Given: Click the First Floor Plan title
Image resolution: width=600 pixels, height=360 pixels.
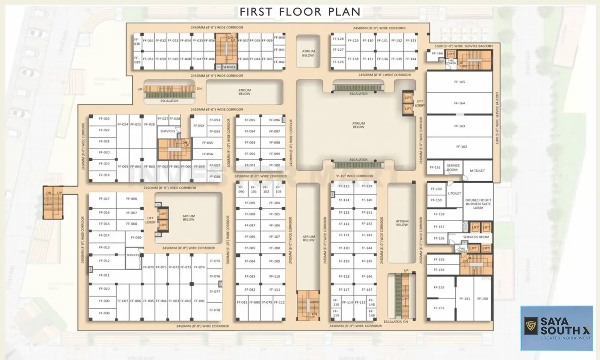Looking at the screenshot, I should tap(300, 12).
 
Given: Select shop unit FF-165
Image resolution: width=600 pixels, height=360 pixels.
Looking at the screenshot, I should tap(459, 82).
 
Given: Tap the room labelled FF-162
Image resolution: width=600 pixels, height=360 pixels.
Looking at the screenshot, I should tap(461, 147).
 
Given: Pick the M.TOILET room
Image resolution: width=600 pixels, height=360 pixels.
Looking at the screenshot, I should tap(477, 171).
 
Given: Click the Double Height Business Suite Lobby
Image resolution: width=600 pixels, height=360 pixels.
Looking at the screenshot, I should tap(478, 204).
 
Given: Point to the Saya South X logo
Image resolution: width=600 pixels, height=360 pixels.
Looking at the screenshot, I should tap(556, 328).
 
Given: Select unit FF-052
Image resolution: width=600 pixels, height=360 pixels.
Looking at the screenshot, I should tap(199, 126).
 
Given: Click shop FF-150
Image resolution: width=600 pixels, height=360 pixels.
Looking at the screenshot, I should tap(482, 299).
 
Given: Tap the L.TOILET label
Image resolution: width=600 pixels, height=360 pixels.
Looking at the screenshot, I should tap(454, 194).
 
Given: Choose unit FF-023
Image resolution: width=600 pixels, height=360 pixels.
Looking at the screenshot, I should tap(104, 119).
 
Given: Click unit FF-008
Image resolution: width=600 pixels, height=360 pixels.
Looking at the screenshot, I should tap(104, 313).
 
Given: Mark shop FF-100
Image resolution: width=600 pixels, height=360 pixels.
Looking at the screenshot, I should tap(274, 165).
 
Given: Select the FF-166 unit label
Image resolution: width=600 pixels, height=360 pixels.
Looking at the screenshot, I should tap(437, 53).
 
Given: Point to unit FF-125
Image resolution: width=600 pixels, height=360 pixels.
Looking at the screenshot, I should tap(344, 186).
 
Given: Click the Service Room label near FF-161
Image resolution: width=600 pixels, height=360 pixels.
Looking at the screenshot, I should tap(453, 168).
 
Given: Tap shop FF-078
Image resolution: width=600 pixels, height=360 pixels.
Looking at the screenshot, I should tap(214, 310).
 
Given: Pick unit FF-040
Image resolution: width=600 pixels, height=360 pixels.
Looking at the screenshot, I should tap(279, 38).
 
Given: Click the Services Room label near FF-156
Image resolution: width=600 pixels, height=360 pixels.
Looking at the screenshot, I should tap(476, 237).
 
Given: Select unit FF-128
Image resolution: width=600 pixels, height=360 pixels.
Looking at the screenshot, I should tap(338, 39).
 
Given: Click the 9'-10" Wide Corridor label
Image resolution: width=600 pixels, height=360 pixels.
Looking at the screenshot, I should tap(354, 176).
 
